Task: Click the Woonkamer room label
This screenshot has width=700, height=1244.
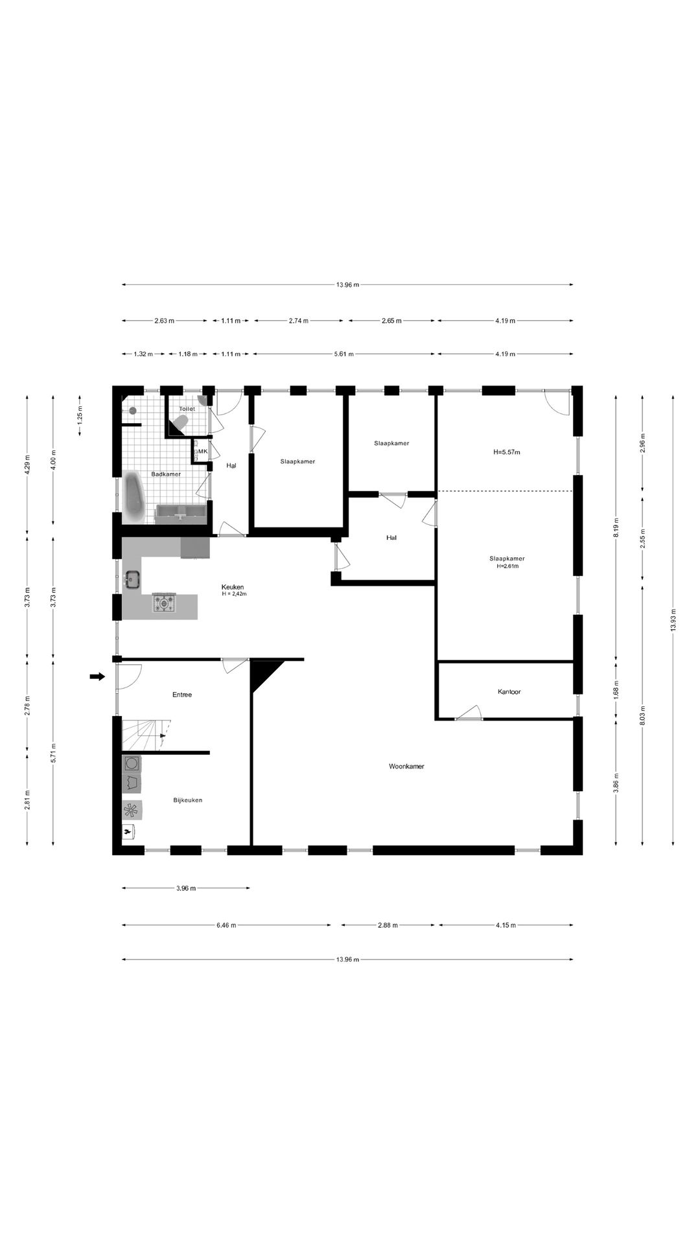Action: click(x=406, y=766)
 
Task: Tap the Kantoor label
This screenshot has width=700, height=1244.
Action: click(x=509, y=692)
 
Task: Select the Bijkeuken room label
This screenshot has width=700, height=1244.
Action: click(x=188, y=800)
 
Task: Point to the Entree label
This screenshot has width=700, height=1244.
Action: click(x=182, y=695)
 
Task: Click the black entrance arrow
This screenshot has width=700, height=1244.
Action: click(x=97, y=676)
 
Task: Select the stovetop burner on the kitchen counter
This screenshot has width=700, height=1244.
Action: click(x=164, y=603)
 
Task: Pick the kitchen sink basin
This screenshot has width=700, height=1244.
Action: click(x=133, y=580)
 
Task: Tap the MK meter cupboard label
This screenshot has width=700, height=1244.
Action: click(x=202, y=452)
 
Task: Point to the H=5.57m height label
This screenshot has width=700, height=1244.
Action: click(x=507, y=452)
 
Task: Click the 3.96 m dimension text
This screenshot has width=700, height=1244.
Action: click(x=186, y=888)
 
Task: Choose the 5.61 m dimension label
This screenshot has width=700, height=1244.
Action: click(x=344, y=354)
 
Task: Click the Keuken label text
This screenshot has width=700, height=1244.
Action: click(x=232, y=587)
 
